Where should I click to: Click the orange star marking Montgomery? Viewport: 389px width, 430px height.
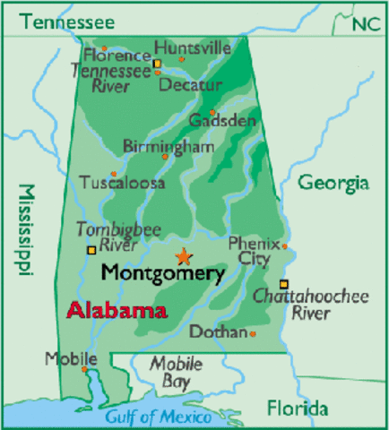[184, 255]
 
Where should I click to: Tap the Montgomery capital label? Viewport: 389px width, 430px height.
[162, 272]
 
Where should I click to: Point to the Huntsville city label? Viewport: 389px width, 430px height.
[192, 47]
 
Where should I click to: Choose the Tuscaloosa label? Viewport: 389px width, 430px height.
[123, 182]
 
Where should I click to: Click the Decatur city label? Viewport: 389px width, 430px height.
[189, 85]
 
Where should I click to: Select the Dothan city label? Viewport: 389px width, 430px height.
[218, 331]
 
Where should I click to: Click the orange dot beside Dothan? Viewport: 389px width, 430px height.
[253, 334]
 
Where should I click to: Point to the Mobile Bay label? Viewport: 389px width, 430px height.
[170, 373]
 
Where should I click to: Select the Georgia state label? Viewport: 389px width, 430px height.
[333, 184]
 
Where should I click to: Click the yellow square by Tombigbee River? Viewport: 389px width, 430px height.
[91, 250]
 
